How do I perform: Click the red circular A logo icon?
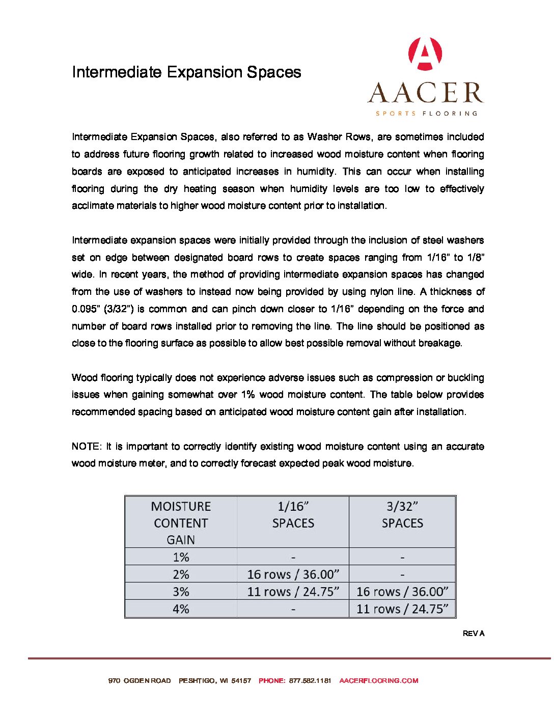[x=426, y=53]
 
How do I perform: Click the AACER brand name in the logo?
[x=426, y=93]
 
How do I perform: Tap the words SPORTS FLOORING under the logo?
[x=426, y=114]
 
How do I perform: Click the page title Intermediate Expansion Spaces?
[x=186, y=72]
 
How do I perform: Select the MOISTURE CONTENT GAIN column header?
[x=181, y=523]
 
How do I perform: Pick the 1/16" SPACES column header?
[x=293, y=515]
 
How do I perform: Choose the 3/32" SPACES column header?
[x=402, y=515]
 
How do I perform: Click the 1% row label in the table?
[x=181, y=557]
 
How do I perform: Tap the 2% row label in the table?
[x=181, y=574]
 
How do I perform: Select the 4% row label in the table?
[x=181, y=609]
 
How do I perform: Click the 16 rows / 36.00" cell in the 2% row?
[x=293, y=574]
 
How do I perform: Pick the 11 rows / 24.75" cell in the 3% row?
[x=293, y=592]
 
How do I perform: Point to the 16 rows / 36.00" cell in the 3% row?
[x=402, y=592]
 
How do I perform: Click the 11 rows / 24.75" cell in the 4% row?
[x=402, y=609]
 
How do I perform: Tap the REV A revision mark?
[x=474, y=633]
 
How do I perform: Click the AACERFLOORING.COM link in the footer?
[x=378, y=680]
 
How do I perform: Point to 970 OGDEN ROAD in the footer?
[x=140, y=680]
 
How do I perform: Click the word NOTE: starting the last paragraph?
[x=87, y=447]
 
